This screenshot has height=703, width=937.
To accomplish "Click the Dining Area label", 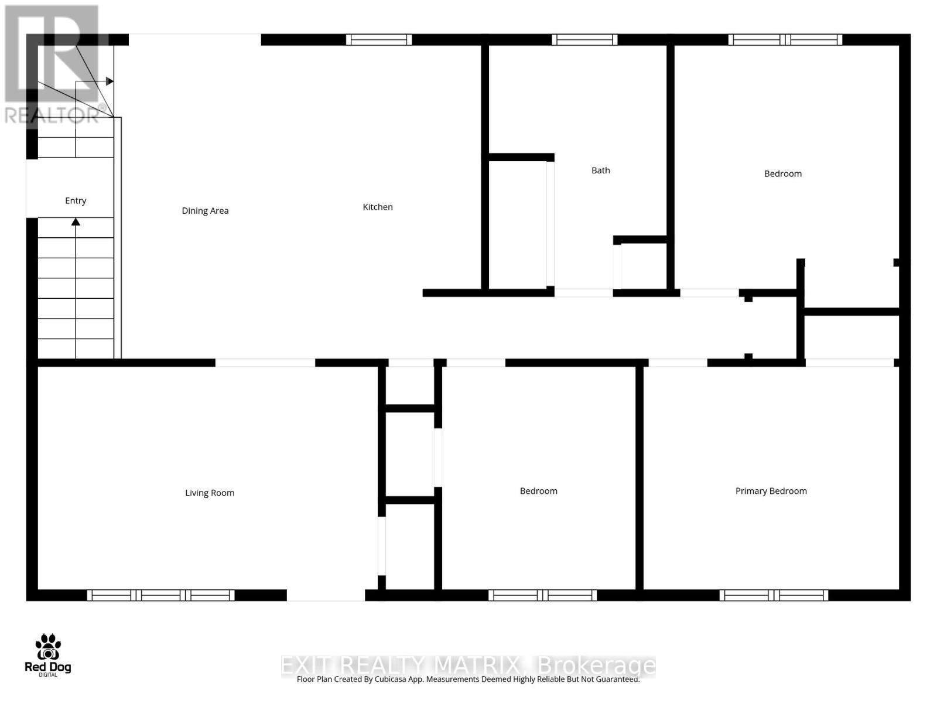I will [x=205, y=211].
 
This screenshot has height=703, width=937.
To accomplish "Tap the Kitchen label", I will [x=378, y=207].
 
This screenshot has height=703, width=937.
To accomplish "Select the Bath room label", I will [x=600, y=170].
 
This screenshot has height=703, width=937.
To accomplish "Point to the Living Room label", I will [x=210, y=493].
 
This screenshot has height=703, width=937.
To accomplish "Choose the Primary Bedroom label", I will [x=771, y=491].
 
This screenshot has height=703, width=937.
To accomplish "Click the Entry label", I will [x=76, y=201].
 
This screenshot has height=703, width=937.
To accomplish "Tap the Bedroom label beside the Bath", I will [x=782, y=173].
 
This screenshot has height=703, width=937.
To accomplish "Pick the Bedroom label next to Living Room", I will [x=538, y=491].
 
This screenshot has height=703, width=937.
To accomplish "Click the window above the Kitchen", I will [x=378, y=40].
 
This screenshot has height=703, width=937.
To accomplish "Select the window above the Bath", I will [x=584, y=40].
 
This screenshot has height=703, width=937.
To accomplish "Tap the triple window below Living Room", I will [x=161, y=595].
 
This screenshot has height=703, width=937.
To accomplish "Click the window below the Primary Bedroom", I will [x=774, y=595].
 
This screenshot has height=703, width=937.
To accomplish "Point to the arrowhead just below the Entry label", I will [x=76, y=222].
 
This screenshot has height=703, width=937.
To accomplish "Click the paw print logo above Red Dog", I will [x=48, y=647].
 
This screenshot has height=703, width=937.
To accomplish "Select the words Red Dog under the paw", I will [x=48, y=667].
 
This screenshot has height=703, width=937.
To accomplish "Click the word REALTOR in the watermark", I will [x=52, y=115].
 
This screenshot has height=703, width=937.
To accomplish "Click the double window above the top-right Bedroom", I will [x=785, y=40].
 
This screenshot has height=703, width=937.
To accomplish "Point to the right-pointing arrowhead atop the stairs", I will [x=110, y=81].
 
